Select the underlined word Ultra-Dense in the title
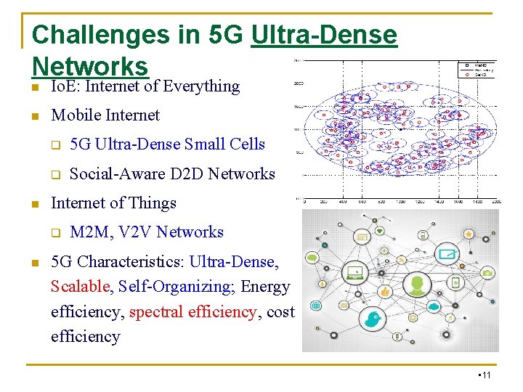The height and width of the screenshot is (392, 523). pyautogui.click(x=324, y=34)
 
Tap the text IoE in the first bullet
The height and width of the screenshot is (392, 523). pyautogui.click(x=60, y=86)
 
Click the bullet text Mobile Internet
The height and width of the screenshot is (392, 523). pyautogui.click(x=105, y=115)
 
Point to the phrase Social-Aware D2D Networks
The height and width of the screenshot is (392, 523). pyautogui.click(x=172, y=173)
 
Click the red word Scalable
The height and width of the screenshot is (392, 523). pyautogui.click(x=79, y=287)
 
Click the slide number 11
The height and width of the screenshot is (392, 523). pyautogui.click(x=486, y=375)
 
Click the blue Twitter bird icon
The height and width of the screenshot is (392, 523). pyautogui.click(x=373, y=319)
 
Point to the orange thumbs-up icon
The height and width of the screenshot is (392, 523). pyautogui.click(x=385, y=290)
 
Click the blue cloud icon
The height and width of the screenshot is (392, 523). pyautogui.click(x=434, y=306)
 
